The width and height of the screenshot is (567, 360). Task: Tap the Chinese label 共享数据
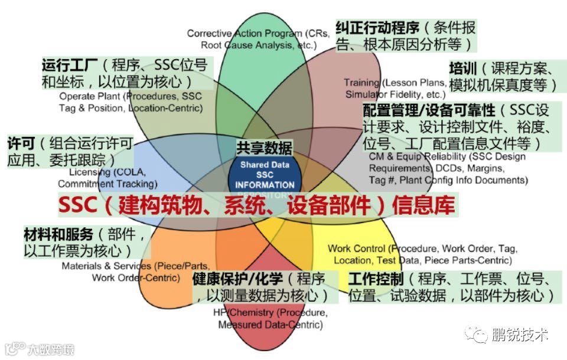(264, 148)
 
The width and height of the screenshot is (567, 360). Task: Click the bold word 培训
(462, 68)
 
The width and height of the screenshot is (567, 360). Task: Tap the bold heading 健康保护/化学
(237, 279)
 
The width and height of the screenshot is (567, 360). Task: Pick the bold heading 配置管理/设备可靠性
(429, 110)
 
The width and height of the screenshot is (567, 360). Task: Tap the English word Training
(361, 83)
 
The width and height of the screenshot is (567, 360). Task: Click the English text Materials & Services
(99, 266)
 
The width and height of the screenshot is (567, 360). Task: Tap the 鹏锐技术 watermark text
(520, 335)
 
